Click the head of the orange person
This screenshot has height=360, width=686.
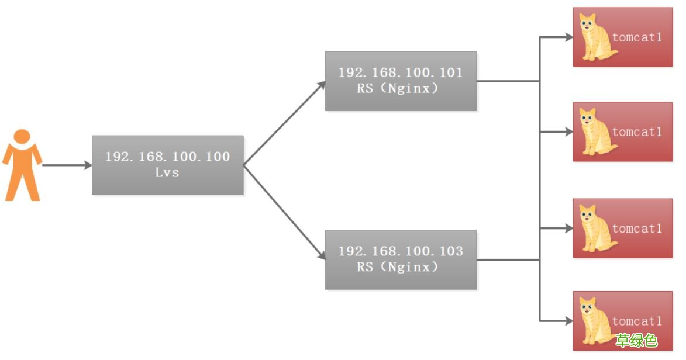22,136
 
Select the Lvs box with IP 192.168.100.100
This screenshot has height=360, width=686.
168,165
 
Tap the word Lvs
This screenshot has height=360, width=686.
167,173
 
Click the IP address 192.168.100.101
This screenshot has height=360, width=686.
400,72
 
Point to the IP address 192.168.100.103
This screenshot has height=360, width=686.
400,251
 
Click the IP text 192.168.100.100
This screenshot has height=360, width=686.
168,157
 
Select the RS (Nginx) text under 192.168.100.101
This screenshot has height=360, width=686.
397,88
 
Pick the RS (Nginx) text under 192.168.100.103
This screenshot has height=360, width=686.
397,267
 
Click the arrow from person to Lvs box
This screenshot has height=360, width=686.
67,165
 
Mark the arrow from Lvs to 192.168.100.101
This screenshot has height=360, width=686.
285,123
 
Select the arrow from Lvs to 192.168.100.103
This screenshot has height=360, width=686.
285,213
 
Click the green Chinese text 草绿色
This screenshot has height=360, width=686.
636,340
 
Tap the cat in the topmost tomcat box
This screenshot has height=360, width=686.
597,37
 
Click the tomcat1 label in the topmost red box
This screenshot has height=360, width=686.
637,37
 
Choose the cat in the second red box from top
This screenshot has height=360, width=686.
597,131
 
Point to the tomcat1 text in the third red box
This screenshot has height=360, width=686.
637,229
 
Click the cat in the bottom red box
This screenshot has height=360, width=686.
597,321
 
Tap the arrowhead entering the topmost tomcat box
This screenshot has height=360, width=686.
569,37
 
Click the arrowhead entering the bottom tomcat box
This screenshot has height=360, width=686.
569,321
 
